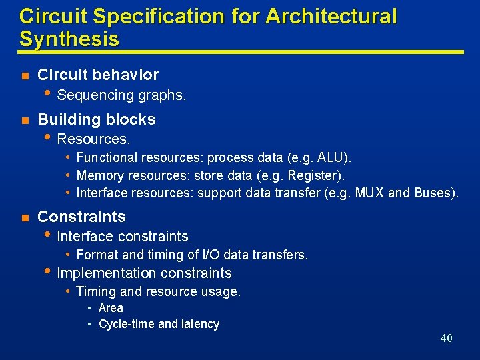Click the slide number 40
coord(446,338)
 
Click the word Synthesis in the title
coord(69,39)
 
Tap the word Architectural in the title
coord(331,16)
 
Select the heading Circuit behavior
coord(98,75)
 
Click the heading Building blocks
coord(97,119)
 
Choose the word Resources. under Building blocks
coord(93,139)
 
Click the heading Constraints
coord(81,217)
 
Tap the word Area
coord(111,308)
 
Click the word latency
coord(199,324)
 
